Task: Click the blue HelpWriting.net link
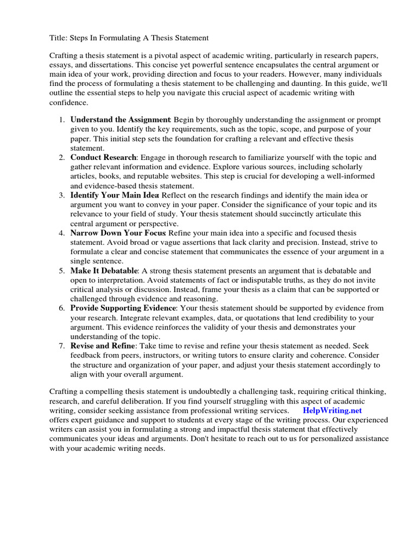(x=332, y=411)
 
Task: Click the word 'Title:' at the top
(x=59, y=38)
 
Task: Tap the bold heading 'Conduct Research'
(x=103, y=157)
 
